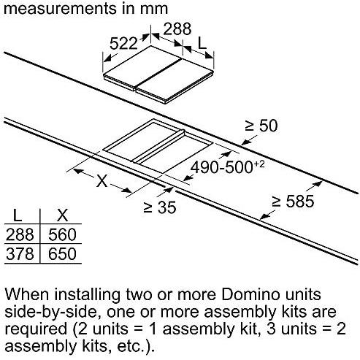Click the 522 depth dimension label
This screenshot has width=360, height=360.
[x=123, y=43]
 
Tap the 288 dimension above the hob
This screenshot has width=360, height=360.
[x=177, y=28]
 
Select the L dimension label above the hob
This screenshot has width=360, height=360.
[x=202, y=43]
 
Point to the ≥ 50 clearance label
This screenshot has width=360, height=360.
[x=261, y=126]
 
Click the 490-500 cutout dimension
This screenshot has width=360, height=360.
[x=227, y=166]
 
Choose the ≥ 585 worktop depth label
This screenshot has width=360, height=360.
[x=293, y=202]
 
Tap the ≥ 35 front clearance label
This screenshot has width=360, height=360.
[x=160, y=207]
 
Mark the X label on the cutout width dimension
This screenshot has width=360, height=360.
[x=102, y=180]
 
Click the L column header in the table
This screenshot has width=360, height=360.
[x=18, y=215]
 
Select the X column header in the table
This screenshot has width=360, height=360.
[x=62, y=215]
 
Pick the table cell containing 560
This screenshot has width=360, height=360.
[x=62, y=234]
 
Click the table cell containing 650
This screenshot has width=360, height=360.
[x=62, y=254]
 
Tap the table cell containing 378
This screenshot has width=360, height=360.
[x=20, y=254]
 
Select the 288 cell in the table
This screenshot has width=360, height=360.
[x=20, y=234]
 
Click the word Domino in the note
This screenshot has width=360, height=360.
[x=250, y=294]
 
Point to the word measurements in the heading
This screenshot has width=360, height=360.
[x=60, y=9]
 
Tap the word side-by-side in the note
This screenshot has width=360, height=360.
[x=50, y=313]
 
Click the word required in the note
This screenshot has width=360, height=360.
[x=36, y=330]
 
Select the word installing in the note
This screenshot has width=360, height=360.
[x=87, y=295]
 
